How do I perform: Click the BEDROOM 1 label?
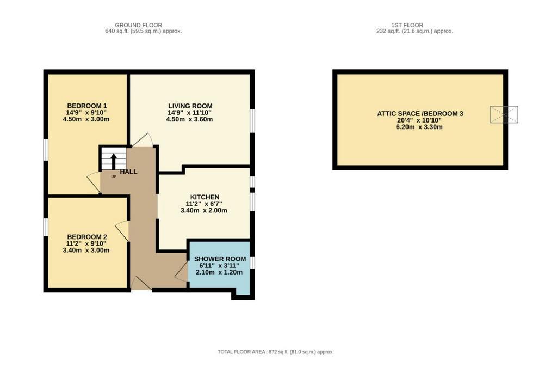[87, 106]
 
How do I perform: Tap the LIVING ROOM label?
[190, 106]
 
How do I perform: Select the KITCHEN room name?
[205, 197]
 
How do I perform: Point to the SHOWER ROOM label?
[220, 259]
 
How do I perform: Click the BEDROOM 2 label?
[87, 237]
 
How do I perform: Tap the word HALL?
[128, 172]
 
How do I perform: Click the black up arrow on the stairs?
[114, 161]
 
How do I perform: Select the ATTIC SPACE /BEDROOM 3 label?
[420, 114]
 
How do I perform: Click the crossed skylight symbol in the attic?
[504, 114]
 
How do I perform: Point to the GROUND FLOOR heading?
[139, 25]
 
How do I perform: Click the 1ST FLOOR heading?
[407, 25]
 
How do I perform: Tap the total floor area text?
[276, 352]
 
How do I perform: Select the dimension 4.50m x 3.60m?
[189, 119]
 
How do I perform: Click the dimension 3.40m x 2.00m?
[204, 210]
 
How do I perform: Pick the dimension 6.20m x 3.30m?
[419, 127]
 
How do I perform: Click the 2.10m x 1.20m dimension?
[219, 272]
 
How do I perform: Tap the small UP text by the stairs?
[114, 176]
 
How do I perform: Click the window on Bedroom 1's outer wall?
[46, 150]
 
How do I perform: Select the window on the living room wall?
[252, 121]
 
